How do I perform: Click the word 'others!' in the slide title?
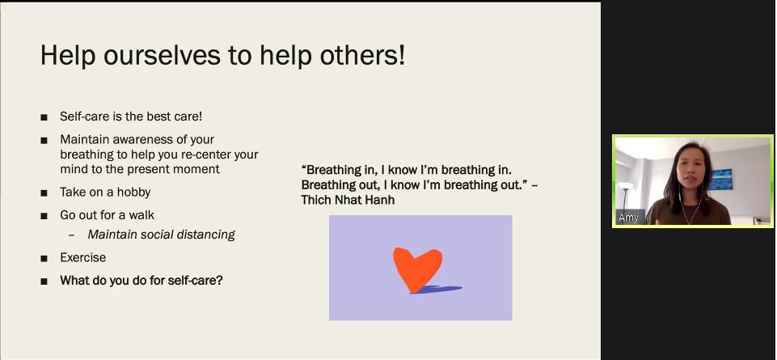click(363, 54)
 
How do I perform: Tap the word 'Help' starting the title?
click(68, 56)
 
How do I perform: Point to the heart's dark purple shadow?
click(438, 289)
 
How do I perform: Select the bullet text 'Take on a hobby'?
click(105, 192)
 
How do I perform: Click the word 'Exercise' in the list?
click(82, 257)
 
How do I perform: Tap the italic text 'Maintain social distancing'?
click(161, 235)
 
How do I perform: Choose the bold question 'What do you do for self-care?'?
click(141, 280)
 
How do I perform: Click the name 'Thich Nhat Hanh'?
click(348, 200)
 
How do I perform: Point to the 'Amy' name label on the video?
click(628, 217)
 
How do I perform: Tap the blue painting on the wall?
click(720, 180)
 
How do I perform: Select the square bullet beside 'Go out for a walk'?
click(44, 216)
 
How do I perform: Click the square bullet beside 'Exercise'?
click(44, 258)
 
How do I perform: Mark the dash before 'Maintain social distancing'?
click(72, 235)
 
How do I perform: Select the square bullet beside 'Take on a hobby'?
click(44, 193)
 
